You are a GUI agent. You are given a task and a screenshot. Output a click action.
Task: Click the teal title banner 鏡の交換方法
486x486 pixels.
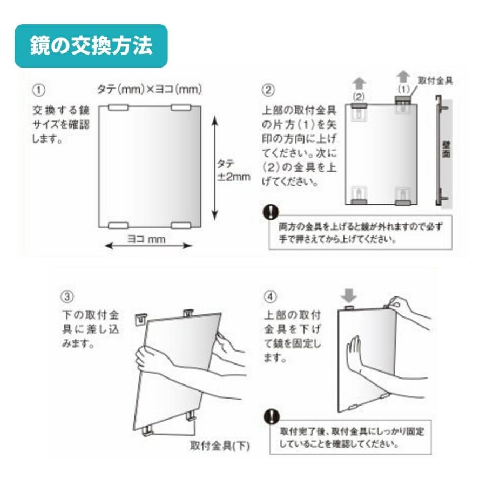91,46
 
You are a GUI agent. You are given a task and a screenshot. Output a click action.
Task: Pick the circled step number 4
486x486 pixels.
270,296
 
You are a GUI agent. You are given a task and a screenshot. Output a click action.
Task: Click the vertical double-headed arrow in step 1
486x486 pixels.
215,167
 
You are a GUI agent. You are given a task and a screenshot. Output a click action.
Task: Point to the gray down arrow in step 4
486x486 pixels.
349,295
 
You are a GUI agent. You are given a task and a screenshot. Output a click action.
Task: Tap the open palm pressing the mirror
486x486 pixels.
354,354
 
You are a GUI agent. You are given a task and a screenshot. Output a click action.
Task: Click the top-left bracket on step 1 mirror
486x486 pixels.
118,108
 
